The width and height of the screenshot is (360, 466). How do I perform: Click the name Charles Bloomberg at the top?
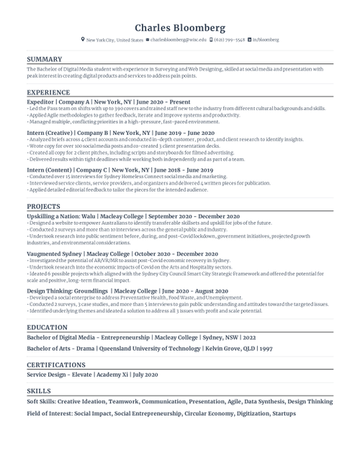pos(180,27)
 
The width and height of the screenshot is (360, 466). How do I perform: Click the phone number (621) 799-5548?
pos(230,40)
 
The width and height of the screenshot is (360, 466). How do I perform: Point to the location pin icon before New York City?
pos(83,40)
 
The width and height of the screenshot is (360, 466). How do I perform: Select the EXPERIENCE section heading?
pos(48,93)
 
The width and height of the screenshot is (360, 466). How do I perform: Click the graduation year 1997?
pos(266,348)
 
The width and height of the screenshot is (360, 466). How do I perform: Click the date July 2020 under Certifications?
pos(145,375)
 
